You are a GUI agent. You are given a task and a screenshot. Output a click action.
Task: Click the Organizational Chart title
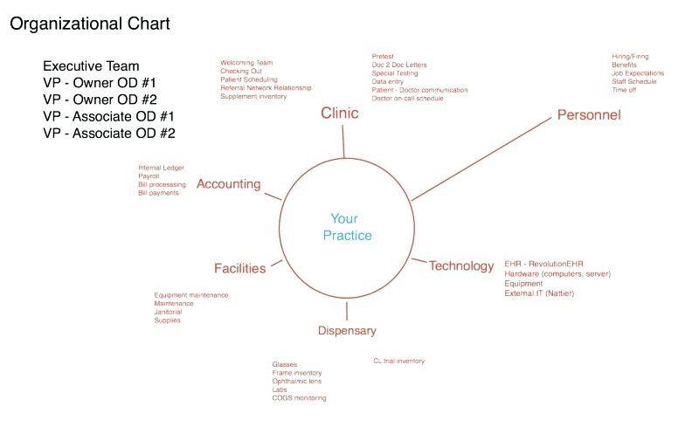90,24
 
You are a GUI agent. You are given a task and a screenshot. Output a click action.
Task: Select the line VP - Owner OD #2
100,100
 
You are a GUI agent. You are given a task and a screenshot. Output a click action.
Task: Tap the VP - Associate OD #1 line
108,116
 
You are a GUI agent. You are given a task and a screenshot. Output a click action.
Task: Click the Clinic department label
340,114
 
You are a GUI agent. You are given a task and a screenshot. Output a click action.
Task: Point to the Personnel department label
589,115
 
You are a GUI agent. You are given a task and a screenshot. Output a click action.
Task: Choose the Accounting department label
229,184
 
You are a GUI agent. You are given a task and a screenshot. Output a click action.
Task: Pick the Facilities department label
239,268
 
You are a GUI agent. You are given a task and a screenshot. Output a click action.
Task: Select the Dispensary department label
347,331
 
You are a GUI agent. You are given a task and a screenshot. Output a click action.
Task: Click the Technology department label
461,266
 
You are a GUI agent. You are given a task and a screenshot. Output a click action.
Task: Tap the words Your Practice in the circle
347,227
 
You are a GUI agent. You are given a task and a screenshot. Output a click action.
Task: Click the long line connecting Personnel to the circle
481,160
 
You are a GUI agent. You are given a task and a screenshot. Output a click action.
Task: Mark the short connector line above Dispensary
347,311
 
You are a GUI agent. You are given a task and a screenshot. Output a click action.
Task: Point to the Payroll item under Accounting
149,176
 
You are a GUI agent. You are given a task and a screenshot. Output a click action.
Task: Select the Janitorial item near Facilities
168,312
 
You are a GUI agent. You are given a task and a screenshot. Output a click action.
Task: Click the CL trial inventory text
399,361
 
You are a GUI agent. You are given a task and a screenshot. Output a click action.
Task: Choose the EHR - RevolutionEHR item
543,264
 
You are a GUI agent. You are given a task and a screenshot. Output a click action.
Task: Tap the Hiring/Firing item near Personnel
630,57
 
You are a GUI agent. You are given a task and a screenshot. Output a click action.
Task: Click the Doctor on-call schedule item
407,99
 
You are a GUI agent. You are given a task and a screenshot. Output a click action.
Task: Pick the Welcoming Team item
246,63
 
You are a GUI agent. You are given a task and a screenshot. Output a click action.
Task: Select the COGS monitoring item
299,398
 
